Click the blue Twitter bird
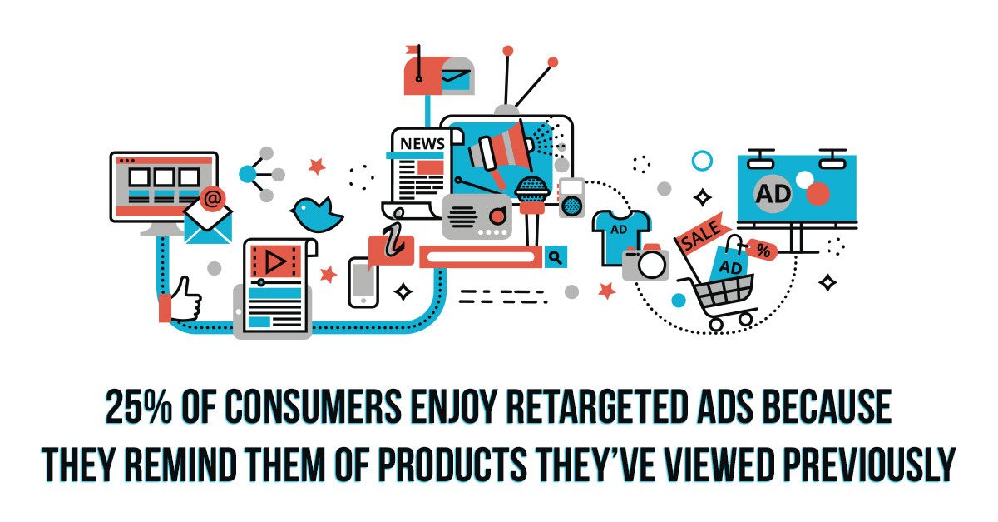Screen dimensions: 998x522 click(317, 214)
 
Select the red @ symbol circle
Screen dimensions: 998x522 click(213, 199)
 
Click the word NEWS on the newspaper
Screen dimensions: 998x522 click(422, 144)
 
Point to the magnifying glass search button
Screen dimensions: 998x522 click(556, 257)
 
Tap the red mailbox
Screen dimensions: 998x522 click(439, 76)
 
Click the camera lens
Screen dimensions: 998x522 click(652, 265)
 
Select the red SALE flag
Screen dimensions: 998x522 click(703, 234)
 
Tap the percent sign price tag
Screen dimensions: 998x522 click(763, 250)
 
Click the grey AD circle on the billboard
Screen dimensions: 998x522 click(773, 194)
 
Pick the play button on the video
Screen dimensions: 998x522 click(275, 261)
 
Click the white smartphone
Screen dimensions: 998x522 click(363, 282)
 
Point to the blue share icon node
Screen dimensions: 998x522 click(248, 174)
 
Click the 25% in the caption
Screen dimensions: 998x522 click(139, 406)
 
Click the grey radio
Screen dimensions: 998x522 click(477, 216)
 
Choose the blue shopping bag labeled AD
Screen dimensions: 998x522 click(731, 262)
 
